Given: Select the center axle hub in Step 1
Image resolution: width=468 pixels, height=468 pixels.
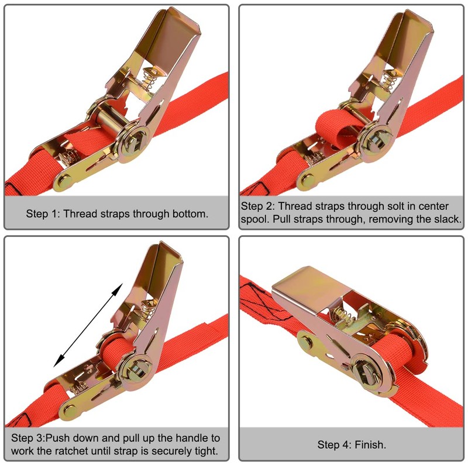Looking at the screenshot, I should coord(137,141).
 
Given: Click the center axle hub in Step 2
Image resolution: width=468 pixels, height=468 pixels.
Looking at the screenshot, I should coord(374,140).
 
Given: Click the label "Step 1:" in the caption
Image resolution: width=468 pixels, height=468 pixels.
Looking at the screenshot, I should coord(43,213).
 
